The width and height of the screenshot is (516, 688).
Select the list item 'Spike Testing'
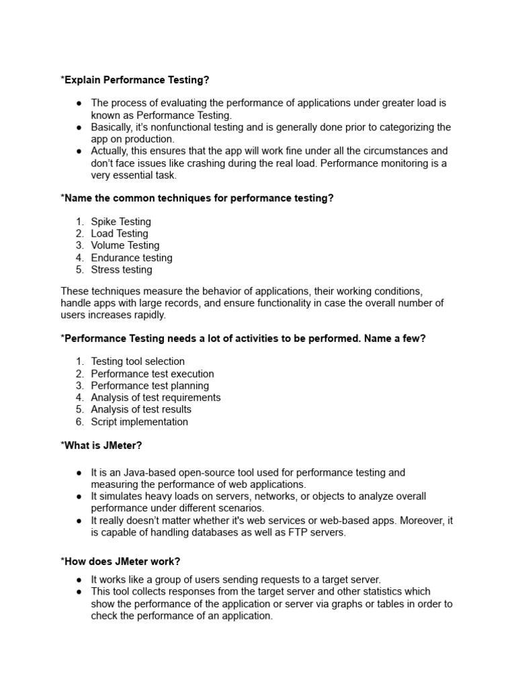click(x=121, y=222)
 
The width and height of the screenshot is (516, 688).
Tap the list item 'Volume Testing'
click(x=125, y=246)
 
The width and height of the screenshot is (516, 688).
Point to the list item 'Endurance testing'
click(x=132, y=258)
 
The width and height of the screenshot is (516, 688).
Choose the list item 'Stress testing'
click(x=122, y=270)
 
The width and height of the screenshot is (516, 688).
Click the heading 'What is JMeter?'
click(x=101, y=445)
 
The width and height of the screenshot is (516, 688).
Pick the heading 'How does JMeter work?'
click(x=121, y=562)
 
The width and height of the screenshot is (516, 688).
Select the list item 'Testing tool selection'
click(x=138, y=361)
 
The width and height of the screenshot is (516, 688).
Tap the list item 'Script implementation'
click(x=139, y=422)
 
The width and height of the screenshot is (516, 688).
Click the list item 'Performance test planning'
click(x=150, y=386)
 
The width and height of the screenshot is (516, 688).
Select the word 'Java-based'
click(x=142, y=473)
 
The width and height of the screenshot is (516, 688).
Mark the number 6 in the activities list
click(x=79, y=422)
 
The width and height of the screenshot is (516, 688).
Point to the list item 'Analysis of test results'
click(x=141, y=410)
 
